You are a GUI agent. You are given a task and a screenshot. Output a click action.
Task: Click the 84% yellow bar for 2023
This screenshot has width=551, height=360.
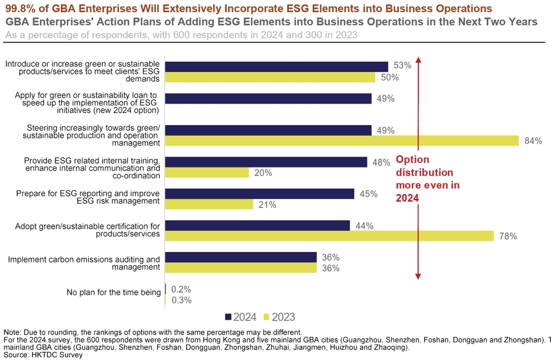coord(342,141)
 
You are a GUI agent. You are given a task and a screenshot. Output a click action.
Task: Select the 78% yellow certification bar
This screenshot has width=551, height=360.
coord(329,236)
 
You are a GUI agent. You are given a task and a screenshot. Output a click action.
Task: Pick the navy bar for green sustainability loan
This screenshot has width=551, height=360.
coord(268,99)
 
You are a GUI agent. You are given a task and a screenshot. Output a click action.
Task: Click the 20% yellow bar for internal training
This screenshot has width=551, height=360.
coord(207,173)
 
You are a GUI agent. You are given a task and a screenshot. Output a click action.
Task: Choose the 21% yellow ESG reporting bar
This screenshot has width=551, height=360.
coord(209,205)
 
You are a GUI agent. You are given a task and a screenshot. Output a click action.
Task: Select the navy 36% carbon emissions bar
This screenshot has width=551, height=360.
coord(241,257)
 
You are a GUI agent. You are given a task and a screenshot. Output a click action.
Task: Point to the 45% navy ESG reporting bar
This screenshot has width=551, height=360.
coord(260,194)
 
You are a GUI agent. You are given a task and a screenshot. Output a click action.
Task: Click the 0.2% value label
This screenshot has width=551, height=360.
coord(181,289)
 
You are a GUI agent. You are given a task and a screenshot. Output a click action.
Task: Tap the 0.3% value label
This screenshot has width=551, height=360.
coord(181,300)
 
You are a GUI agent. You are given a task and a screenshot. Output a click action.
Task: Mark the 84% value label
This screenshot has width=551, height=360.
coord(533,141)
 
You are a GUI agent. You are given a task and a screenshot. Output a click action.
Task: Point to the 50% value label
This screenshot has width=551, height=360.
coord(390,78)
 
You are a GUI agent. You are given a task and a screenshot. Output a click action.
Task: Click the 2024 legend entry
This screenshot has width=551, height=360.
coord(241,317)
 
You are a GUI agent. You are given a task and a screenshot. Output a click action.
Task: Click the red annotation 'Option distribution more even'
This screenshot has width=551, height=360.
coord(428,179)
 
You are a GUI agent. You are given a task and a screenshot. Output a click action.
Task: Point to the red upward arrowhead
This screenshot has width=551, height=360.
coord(418,59)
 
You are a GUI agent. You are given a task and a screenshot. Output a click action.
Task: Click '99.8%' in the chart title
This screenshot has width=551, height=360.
coord(20,9)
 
